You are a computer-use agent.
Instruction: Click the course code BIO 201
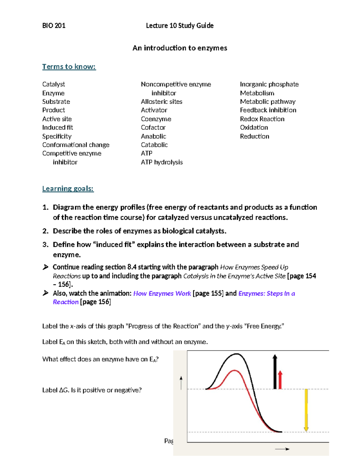54,26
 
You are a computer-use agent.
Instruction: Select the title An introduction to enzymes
180,48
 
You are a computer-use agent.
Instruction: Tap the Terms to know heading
69,67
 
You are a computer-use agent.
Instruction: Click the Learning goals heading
68,189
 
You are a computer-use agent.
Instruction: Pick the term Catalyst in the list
53,84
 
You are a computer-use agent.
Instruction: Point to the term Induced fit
58,128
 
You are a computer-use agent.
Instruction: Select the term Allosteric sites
161,102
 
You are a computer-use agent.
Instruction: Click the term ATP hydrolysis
162,162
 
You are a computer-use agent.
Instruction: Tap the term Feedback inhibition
268,110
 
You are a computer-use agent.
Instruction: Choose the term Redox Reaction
262,119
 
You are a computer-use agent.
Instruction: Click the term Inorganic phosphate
269,84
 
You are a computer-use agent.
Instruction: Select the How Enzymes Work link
162,293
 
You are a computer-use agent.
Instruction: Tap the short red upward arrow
280,380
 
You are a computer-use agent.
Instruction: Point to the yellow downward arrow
306,410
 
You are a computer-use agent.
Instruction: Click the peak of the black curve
237,354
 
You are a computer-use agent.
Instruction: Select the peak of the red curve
234,371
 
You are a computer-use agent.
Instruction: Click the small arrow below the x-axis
282,449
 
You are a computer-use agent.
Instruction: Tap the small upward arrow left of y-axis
181,383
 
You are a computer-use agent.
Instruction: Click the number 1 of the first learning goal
45,207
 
